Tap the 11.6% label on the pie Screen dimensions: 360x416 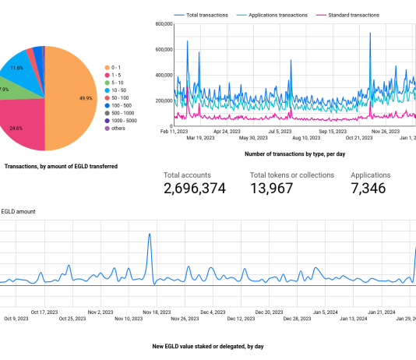coord(16,69)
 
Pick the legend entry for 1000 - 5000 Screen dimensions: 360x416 coord(123,120)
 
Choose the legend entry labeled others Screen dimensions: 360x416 coord(119,129)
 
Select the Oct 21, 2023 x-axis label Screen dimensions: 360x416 coord(359,138)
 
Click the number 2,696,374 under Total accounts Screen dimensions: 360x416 coord(195,189)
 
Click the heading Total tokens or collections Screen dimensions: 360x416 coord(291,175)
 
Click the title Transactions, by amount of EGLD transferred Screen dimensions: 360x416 coord(61,166)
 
